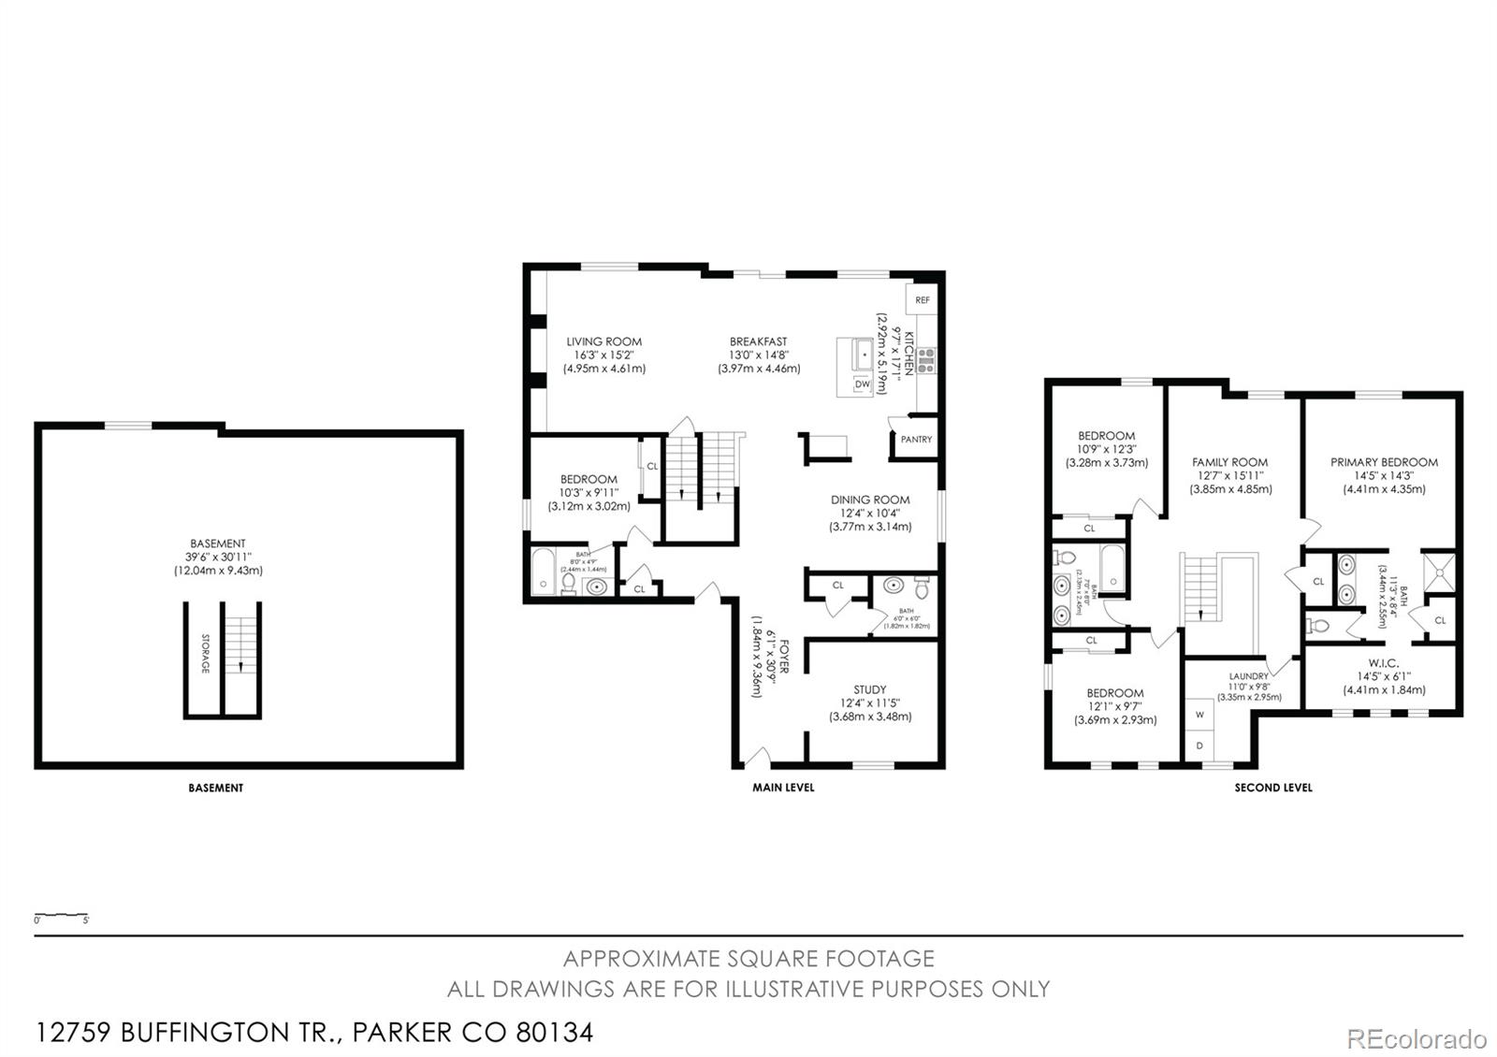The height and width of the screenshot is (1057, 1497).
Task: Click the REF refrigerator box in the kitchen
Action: [x=923, y=300]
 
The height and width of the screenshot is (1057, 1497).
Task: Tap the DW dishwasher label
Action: [x=862, y=384]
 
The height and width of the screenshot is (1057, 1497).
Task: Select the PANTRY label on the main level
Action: [x=916, y=439]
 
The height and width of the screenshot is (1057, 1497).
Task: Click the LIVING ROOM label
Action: [x=603, y=341]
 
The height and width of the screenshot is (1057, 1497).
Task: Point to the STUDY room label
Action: [x=869, y=689]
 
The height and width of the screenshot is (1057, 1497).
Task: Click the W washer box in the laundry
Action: [x=1199, y=715]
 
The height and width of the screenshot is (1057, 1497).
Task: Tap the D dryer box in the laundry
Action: [x=1199, y=746]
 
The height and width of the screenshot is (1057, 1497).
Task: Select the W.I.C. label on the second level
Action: [x=1384, y=662]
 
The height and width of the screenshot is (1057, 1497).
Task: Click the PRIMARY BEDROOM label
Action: [x=1384, y=462]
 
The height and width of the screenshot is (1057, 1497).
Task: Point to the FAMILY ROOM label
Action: [x=1229, y=462]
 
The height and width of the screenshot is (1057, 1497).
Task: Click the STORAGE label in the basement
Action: [x=205, y=654]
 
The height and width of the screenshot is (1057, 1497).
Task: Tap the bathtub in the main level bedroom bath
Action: [x=544, y=572]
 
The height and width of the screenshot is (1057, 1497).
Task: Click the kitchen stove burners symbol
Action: [x=926, y=360]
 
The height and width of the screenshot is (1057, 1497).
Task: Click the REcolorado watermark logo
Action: [x=1415, y=1038]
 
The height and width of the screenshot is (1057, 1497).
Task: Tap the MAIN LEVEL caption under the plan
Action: [x=783, y=788]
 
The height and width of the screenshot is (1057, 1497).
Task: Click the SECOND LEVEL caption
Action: [x=1272, y=788]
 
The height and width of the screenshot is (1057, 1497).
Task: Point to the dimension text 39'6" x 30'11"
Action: [x=217, y=557]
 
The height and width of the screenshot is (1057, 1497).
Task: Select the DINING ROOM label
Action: [x=869, y=500]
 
